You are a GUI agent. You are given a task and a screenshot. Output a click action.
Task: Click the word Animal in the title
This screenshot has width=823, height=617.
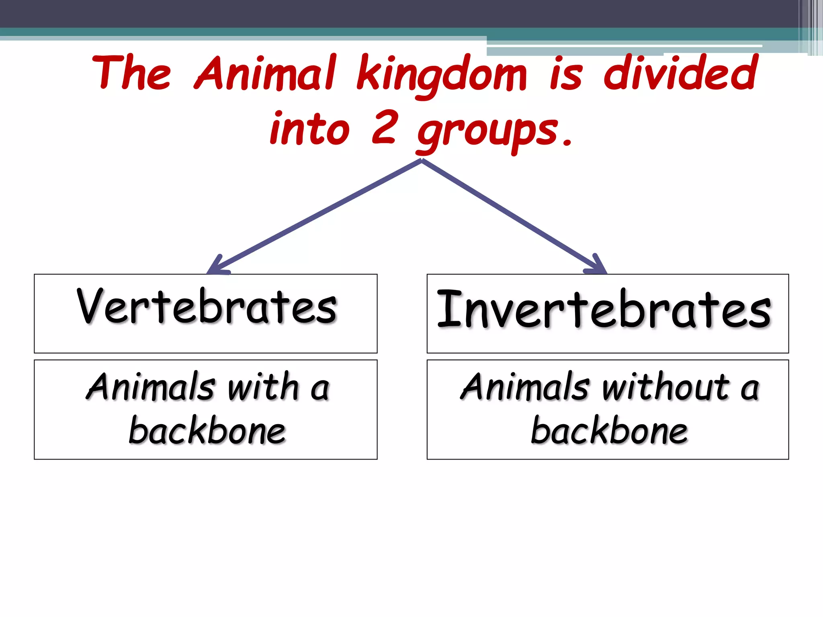click(265, 74)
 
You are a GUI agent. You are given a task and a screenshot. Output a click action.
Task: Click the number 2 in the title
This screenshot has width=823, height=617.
click(385, 128)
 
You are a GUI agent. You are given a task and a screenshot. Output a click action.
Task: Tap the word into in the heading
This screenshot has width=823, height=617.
click(310, 129)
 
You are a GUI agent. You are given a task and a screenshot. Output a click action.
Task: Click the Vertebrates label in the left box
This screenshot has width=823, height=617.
click(207, 307)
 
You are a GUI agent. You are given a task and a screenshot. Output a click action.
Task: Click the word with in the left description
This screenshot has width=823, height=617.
click(263, 387)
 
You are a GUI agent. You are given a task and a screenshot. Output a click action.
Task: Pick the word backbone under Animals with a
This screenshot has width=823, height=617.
click(207, 431)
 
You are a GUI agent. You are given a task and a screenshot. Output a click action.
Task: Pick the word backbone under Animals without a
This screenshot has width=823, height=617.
click(609, 431)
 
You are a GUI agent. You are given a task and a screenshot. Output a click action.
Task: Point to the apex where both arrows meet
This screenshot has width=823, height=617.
click(422, 161)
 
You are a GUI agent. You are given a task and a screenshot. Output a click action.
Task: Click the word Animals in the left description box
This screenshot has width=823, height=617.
click(151, 387)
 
